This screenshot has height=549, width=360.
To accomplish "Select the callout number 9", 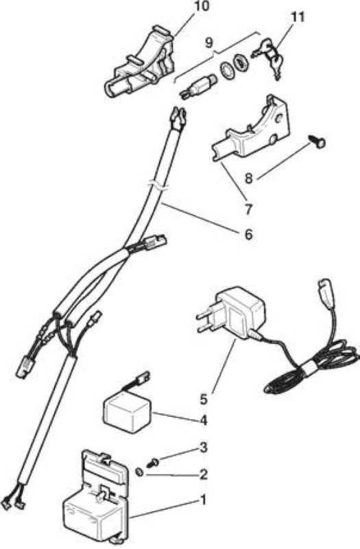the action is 208,43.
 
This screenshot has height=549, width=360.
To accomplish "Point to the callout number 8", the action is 248,178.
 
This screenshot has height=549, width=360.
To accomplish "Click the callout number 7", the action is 248,209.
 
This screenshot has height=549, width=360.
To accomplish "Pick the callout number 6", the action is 248,234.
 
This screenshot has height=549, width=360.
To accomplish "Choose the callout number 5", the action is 204,399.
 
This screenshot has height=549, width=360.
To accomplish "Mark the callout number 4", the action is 203,420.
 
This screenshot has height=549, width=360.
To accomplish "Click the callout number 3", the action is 203,447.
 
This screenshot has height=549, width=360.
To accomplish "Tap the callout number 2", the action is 203,474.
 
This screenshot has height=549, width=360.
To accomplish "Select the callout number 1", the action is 203,500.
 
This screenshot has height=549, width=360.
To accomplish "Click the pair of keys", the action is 269,58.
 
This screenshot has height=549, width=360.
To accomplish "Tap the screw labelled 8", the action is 317,142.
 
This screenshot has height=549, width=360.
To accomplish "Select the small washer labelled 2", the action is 140,472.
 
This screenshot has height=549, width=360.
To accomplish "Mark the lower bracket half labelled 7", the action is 252,130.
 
